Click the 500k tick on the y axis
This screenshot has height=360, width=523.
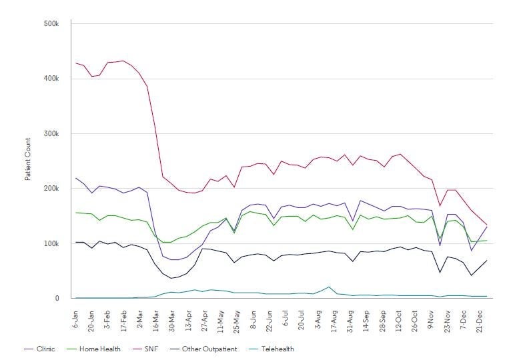(51, 24)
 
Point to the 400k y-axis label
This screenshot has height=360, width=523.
(51, 79)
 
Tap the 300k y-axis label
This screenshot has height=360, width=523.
(51, 133)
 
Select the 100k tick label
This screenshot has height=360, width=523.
(51, 243)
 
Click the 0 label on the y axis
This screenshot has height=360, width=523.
(57, 298)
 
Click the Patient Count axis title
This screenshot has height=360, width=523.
(28, 159)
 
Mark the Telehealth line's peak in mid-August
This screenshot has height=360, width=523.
(329, 287)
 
